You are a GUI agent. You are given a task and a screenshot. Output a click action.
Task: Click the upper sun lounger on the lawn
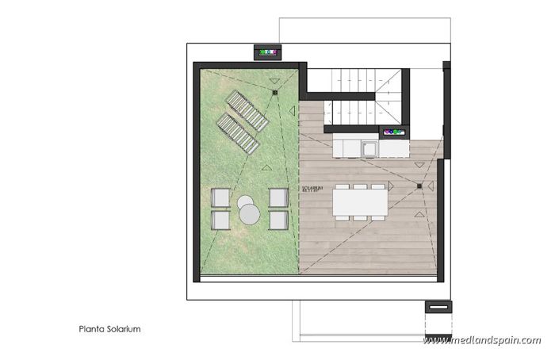(247, 111)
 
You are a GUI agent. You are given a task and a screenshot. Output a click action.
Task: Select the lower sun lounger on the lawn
(237, 133)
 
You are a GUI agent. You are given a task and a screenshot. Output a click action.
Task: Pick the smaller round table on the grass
(245, 201)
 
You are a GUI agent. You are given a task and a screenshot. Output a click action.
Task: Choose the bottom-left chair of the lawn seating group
(220, 218)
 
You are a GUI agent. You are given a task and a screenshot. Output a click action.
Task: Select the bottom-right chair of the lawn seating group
(278, 218)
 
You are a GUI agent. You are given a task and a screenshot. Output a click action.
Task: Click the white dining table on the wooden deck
(361, 201)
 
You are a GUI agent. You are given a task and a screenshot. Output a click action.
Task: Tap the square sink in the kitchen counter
(368, 147)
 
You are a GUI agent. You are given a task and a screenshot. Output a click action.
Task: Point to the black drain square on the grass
(274, 93)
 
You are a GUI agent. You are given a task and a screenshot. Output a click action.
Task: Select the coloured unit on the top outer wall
(267, 52)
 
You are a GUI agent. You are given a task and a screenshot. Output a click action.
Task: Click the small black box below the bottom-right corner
(437, 306)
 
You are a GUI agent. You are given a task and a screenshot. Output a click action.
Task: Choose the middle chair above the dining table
(361, 186)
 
